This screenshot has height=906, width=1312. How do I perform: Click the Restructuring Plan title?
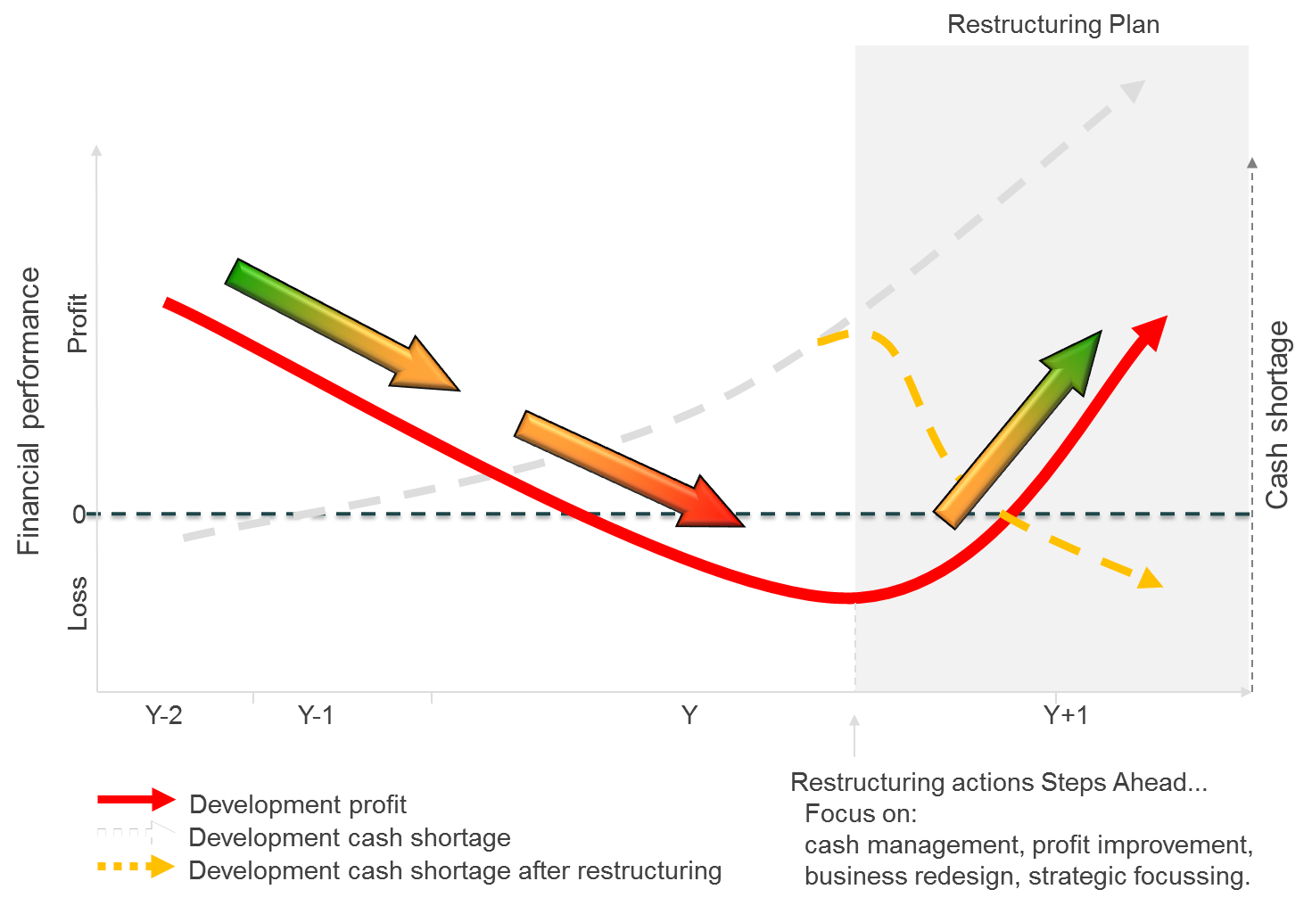(x=1053, y=24)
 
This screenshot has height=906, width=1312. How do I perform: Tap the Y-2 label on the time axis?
(x=164, y=715)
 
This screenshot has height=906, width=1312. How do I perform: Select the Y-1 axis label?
(x=315, y=715)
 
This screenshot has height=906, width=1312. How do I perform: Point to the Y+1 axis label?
(x=1065, y=715)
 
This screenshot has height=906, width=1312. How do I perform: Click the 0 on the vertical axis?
(x=78, y=515)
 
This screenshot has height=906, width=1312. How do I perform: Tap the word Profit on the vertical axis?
(x=78, y=323)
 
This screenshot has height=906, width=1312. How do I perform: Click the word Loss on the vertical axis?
(x=78, y=604)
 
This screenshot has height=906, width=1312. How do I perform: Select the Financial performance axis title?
(x=29, y=411)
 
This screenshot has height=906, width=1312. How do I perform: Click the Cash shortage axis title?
(x=1277, y=415)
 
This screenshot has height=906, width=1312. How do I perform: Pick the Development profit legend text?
(x=298, y=804)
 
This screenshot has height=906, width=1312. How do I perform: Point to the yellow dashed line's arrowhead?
(x=1150, y=579)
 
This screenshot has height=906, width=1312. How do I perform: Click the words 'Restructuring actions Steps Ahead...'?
(x=999, y=782)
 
